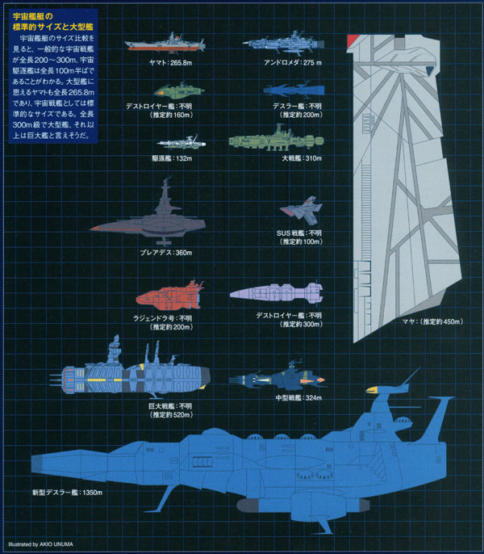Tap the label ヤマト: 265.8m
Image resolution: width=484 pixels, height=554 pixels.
[x=170, y=61]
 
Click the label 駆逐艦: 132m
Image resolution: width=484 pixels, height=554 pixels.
[x=176, y=158]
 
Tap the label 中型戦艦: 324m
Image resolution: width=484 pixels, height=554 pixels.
[x=298, y=398]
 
